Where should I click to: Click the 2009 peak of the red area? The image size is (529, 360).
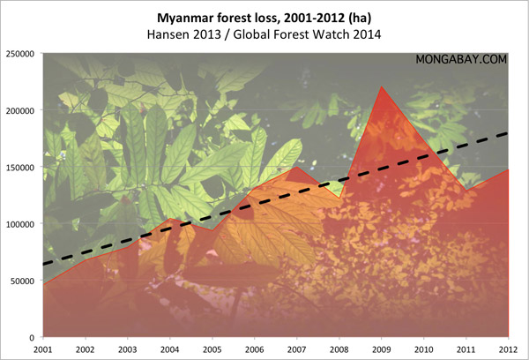click(x=382, y=86)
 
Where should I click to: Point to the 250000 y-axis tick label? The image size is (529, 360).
click(x=19, y=53)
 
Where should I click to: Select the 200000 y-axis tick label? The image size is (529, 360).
click(x=19, y=110)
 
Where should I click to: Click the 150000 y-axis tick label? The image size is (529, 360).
click(x=19, y=167)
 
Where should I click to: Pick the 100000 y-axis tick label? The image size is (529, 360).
click(x=19, y=224)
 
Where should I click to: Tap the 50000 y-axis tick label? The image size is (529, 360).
click(x=22, y=281)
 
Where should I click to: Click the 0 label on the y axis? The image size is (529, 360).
click(x=33, y=337)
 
